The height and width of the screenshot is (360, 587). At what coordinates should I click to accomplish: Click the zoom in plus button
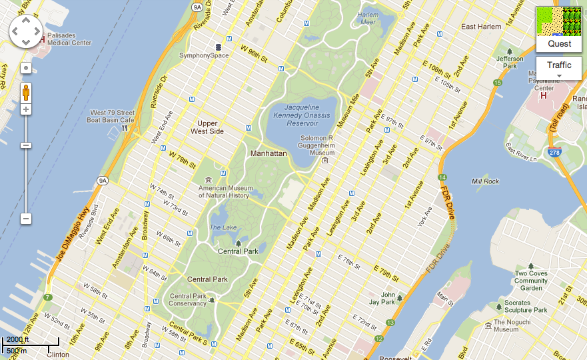26,109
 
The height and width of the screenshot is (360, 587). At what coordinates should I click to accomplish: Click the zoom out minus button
26,218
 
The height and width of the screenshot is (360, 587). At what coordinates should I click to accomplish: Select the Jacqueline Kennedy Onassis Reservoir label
301,115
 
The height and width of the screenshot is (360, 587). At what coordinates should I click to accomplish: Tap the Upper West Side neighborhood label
211,127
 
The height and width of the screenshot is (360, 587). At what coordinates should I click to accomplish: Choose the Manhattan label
269,153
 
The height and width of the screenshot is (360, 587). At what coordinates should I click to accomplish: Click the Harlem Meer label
368,18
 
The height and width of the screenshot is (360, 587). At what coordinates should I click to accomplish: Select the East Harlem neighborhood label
480,27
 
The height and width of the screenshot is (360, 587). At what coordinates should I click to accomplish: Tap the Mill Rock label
484,181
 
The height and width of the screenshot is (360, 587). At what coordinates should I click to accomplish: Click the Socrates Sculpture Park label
526,307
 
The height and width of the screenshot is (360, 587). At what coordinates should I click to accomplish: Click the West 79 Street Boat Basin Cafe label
113,117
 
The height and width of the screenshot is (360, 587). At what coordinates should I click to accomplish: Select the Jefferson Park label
510,63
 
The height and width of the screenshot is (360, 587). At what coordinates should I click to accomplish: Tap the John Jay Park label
388,298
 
